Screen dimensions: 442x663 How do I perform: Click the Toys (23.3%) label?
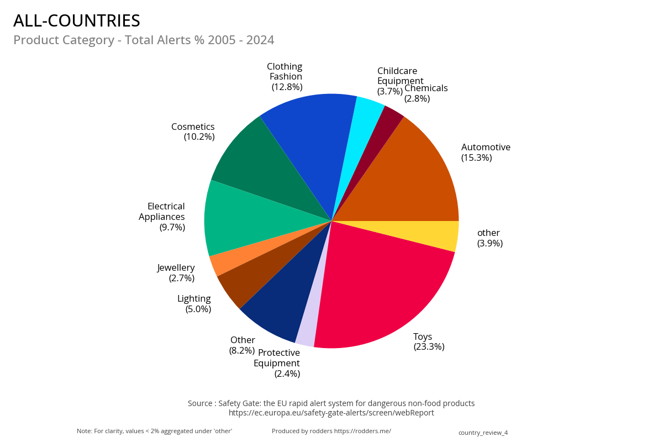tap(429, 341)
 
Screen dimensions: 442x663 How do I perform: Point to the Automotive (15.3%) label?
tap(486, 152)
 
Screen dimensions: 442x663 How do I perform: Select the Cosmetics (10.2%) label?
tap(193, 131)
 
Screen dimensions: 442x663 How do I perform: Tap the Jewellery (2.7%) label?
tap(176, 272)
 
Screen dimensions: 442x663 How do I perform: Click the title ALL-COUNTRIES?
tap(77, 21)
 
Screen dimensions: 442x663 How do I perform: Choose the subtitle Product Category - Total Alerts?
tap(144, 40)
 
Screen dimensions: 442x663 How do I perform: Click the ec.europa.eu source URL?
tap(331, 413)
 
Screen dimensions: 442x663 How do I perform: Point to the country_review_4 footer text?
tap(483, 433)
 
